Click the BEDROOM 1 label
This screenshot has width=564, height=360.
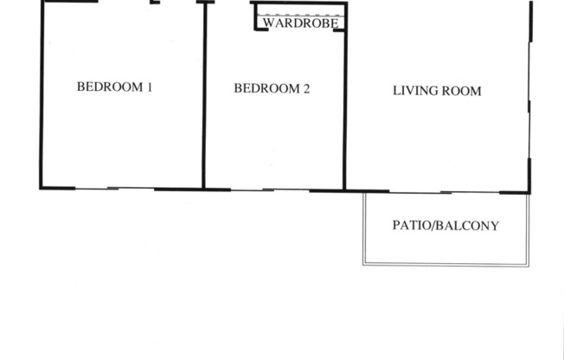115,87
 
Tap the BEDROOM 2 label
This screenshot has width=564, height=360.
272,88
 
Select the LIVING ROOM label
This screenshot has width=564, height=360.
437,91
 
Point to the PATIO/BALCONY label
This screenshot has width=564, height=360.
445,226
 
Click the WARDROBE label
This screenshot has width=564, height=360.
300,24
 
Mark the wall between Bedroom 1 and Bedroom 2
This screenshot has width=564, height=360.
204,95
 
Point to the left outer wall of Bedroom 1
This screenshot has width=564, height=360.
41,95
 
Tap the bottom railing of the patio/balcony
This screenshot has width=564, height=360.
445,264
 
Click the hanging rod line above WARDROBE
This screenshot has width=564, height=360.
300,16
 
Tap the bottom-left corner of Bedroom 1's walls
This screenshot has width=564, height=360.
42,188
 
